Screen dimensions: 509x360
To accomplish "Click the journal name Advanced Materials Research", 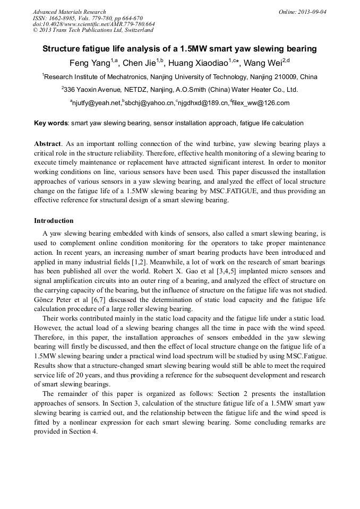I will click(x=69, y=12).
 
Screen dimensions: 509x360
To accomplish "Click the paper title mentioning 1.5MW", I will click(x=179, y=49).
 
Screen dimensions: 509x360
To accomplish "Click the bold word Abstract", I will click(x=47, y=144).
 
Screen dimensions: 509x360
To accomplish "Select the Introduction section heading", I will click(x=54, y=221).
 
